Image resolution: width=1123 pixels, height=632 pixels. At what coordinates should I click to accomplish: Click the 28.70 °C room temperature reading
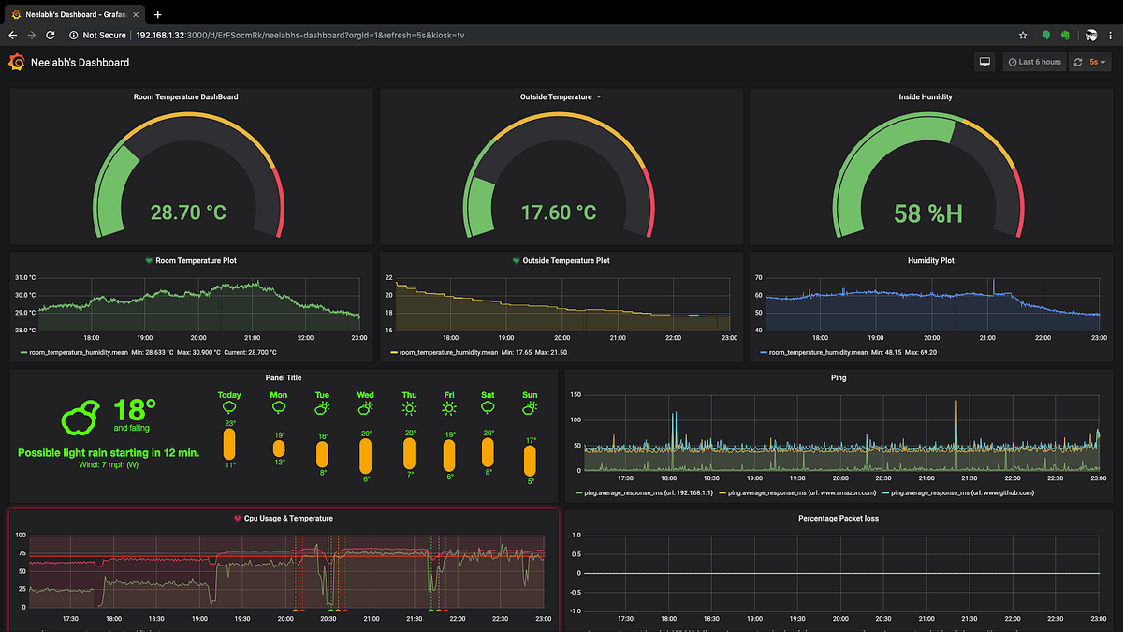(x=188, y=213)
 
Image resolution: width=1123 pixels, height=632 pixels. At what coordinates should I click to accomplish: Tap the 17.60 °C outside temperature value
(x=558, y=213)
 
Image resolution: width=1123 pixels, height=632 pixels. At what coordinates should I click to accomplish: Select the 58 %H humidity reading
(x=927, y=213)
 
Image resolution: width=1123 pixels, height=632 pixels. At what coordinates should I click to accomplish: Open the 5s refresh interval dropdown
(x=1092, y=62)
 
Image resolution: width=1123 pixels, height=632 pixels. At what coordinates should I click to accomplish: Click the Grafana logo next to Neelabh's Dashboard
(x=16, y=62)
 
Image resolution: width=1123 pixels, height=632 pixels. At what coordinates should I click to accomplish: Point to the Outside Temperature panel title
(x=556, y=96)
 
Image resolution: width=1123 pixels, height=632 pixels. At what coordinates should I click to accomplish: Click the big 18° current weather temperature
(x=134, y=409)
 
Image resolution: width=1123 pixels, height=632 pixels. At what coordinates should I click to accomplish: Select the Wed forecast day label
(x=365, y=395)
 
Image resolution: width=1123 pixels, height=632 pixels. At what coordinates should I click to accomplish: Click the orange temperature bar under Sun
(x=531, y=461)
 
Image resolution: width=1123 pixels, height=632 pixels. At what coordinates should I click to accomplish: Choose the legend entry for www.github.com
(x=962, y=492)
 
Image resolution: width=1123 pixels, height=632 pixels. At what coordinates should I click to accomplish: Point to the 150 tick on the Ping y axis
(x=576, y=395)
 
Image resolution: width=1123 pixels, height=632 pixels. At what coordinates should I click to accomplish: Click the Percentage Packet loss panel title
(x=838, y=518)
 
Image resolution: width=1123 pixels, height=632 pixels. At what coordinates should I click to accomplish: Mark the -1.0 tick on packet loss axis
(x=576, y=610)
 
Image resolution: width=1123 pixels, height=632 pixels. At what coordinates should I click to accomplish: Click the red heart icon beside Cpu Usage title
(x=238, y=518)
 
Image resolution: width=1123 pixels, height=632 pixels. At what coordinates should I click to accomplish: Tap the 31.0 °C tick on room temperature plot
(x=24, y=278)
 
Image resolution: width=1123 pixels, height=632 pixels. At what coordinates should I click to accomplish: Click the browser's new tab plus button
(x=157, y=14)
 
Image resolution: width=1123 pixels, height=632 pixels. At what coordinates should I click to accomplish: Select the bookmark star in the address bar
(x=1023, y=35)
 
